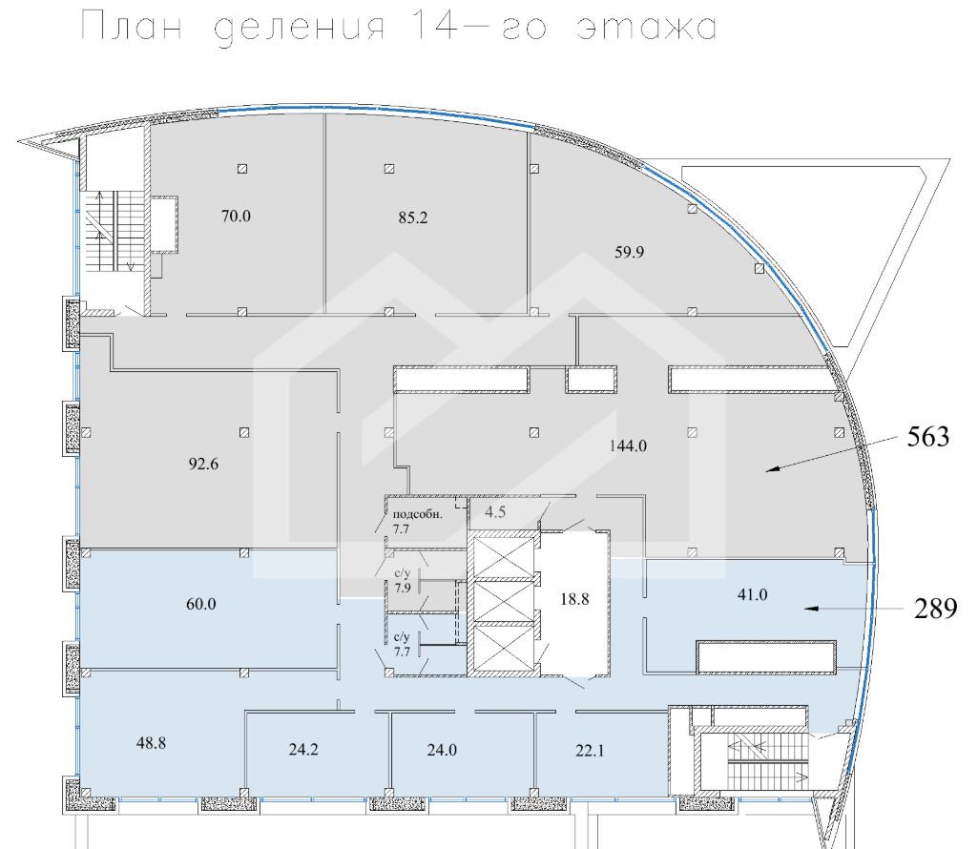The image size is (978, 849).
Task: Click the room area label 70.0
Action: [236, 216]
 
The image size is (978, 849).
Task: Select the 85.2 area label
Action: [413, 217]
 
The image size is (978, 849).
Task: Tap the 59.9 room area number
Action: [630, 252]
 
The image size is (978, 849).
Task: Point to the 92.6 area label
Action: [203, 464]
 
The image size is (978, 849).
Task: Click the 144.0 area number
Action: [628, 446]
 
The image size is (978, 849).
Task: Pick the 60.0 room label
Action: [200, 604]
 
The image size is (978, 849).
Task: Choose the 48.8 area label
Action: [151, 743]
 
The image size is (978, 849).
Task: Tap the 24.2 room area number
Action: [303, 749]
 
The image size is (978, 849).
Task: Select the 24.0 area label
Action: [442, 749]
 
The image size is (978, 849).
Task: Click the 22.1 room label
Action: [590, 751]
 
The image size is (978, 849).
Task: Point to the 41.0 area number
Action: [752, 594]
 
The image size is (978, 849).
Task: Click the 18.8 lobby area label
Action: [574, 599]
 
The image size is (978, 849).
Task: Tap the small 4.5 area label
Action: [495, 511]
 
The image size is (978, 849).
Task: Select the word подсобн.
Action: [417, 514]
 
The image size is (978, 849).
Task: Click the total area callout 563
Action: [928, 437]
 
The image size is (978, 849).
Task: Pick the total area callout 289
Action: [936, 609]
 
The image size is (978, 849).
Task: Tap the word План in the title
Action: [133, 27]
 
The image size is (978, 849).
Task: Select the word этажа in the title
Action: [646, 27]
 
